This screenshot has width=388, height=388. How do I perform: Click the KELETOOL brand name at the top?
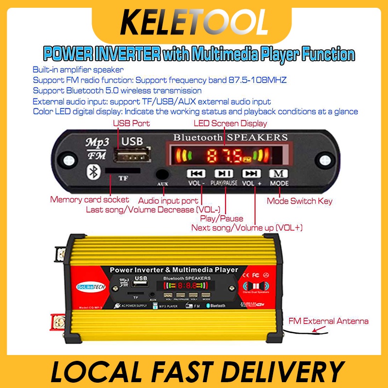194,22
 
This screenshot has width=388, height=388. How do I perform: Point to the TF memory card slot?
123,170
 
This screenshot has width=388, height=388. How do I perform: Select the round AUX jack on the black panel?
162,174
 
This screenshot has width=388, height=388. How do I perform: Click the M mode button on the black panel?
279,173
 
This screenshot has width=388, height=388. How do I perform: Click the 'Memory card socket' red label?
90,199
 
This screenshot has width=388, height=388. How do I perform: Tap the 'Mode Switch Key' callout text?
300,201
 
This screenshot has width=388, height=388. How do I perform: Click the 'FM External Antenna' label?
328,321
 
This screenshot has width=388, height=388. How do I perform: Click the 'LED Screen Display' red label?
230,124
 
